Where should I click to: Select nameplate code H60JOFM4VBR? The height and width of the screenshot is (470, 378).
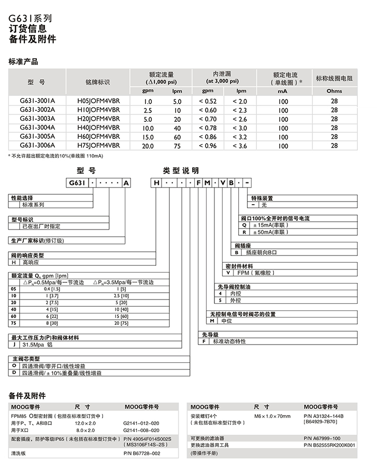point(98,137)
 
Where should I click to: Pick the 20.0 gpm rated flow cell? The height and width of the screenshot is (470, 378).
point(148,147)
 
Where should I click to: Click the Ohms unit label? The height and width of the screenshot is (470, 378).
point(334,91)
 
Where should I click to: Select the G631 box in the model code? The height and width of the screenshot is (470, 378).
point(76,183)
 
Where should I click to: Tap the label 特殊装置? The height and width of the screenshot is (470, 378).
point(262,198)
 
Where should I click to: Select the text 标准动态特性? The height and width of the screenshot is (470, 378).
point(231,341)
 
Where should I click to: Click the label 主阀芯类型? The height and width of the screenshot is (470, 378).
point(25,358)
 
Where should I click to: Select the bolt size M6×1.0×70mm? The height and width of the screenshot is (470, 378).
point(272,416)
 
